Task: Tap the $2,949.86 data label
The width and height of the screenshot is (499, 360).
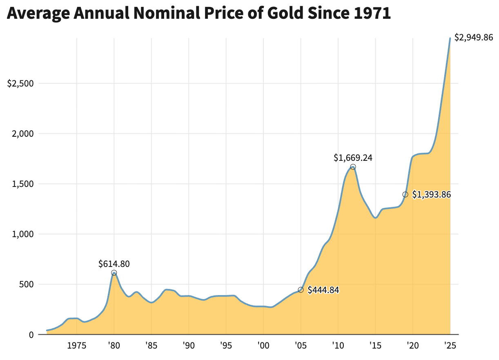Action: click(x=474, y=38)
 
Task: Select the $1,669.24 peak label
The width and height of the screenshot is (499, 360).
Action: click(x=353, y=158)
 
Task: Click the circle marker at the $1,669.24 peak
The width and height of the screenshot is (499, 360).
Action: click(x=353, y=167)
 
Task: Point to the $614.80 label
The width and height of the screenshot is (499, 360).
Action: click(x=114, y=264)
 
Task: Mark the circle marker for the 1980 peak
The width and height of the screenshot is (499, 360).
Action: click(x=114, y=273)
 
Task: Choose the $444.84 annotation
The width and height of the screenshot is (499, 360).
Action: click(x=323, y=290)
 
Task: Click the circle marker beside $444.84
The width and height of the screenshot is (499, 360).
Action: click(x=301, y=290)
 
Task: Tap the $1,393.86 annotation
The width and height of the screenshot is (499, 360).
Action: click(x=431, y=195)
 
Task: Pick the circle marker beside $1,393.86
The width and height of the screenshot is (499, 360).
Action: click(x=405, y=194)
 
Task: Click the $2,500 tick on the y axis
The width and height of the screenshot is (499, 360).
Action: click(x=20, y=84)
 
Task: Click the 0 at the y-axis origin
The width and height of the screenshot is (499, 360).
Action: click(x=30, y=335)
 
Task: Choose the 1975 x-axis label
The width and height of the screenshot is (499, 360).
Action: click(x=77, y=346)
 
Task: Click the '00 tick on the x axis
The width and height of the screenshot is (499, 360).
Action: click(x=263, y=346)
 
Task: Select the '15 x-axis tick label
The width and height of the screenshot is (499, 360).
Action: click(x=375, y=346)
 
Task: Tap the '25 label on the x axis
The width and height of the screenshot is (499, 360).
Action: click(x=450, y=346)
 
